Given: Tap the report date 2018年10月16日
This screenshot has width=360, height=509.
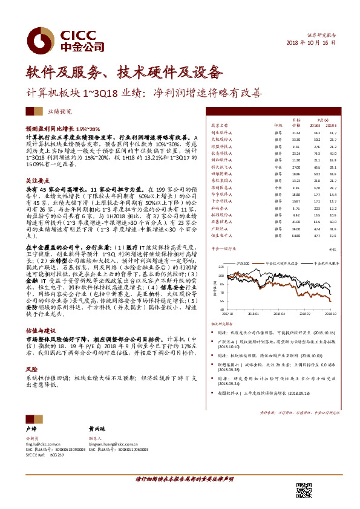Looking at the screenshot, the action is point(310,44).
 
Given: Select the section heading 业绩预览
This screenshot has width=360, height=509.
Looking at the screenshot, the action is point(60,112).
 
